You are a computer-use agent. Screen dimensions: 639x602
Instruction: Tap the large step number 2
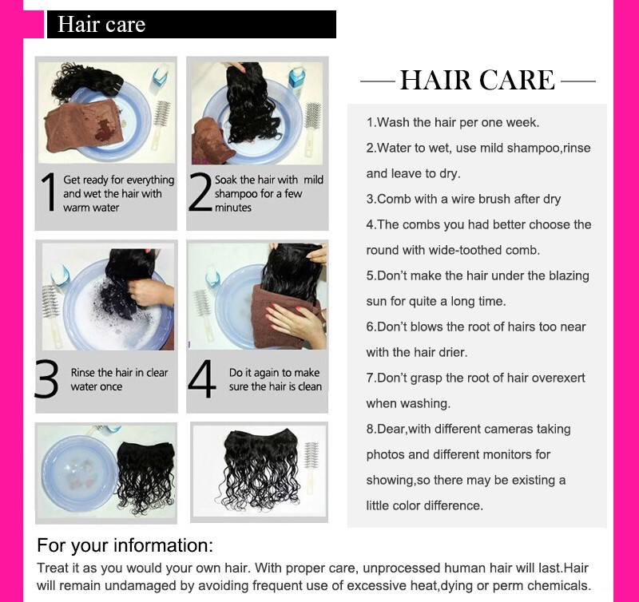(200, 192)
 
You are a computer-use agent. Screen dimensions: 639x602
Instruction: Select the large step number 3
(47, 378)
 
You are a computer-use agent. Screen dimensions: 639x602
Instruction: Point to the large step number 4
(202, 378)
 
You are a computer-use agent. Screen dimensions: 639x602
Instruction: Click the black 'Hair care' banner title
(101, 24)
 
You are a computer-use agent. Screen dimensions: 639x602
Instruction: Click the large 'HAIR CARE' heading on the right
(477, 80)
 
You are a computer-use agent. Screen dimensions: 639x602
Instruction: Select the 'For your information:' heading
(125, 545)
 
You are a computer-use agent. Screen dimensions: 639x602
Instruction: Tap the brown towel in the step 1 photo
(84, 125)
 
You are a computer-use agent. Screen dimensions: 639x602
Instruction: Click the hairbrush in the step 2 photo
(312, 129)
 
